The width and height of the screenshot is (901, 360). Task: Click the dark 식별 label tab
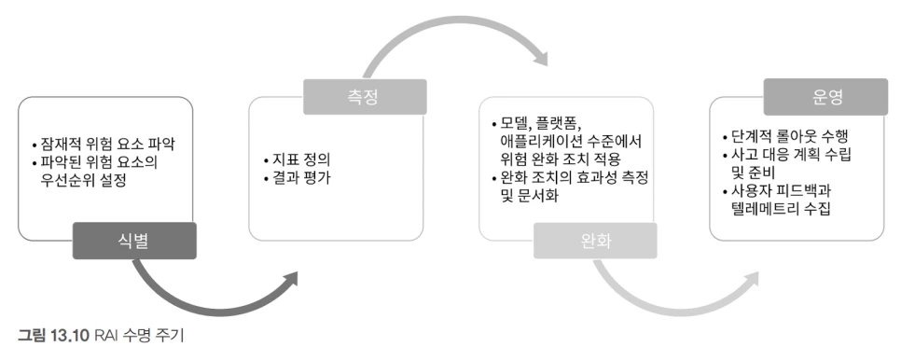136,241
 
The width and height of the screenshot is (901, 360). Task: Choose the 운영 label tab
825,94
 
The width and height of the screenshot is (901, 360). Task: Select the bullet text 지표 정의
300,157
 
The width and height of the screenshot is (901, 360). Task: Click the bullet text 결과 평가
300,176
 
